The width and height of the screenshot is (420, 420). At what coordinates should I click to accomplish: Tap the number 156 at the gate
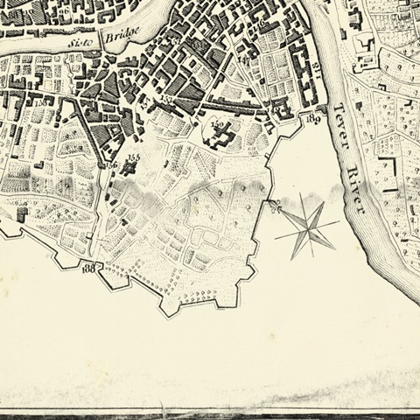110,164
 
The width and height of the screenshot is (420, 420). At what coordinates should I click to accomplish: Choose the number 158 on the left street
42,104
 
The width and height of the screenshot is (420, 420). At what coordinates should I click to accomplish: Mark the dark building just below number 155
133,168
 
